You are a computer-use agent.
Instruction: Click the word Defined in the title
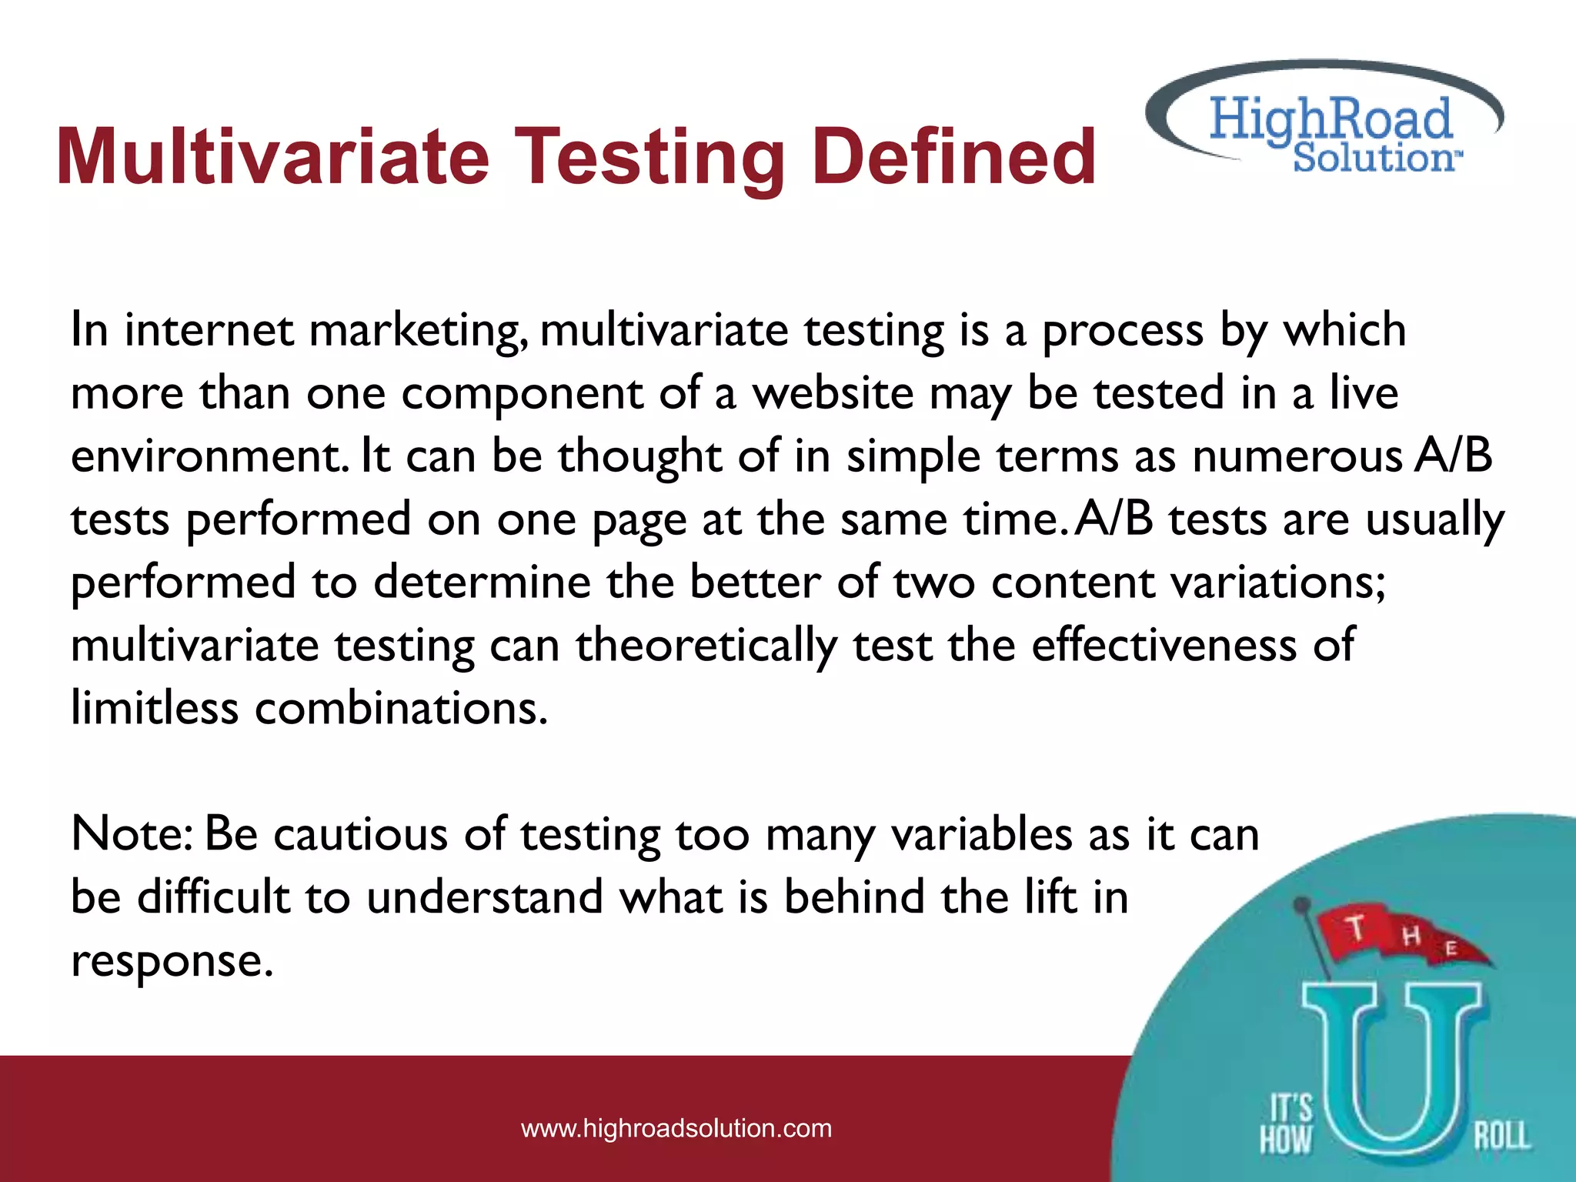pos(953,157)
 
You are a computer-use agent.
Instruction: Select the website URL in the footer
pos(676,1128)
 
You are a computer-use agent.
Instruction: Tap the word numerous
pos(1297,456)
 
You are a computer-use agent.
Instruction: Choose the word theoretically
pos(706,645)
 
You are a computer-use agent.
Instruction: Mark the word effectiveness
pos(1164,645)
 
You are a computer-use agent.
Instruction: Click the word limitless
pos(155,708)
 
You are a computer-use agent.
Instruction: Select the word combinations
pos(400,708)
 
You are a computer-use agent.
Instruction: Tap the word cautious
pos(361,834)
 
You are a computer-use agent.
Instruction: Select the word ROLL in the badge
pos(1501,1137)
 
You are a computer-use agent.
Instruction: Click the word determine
pos(482,582)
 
